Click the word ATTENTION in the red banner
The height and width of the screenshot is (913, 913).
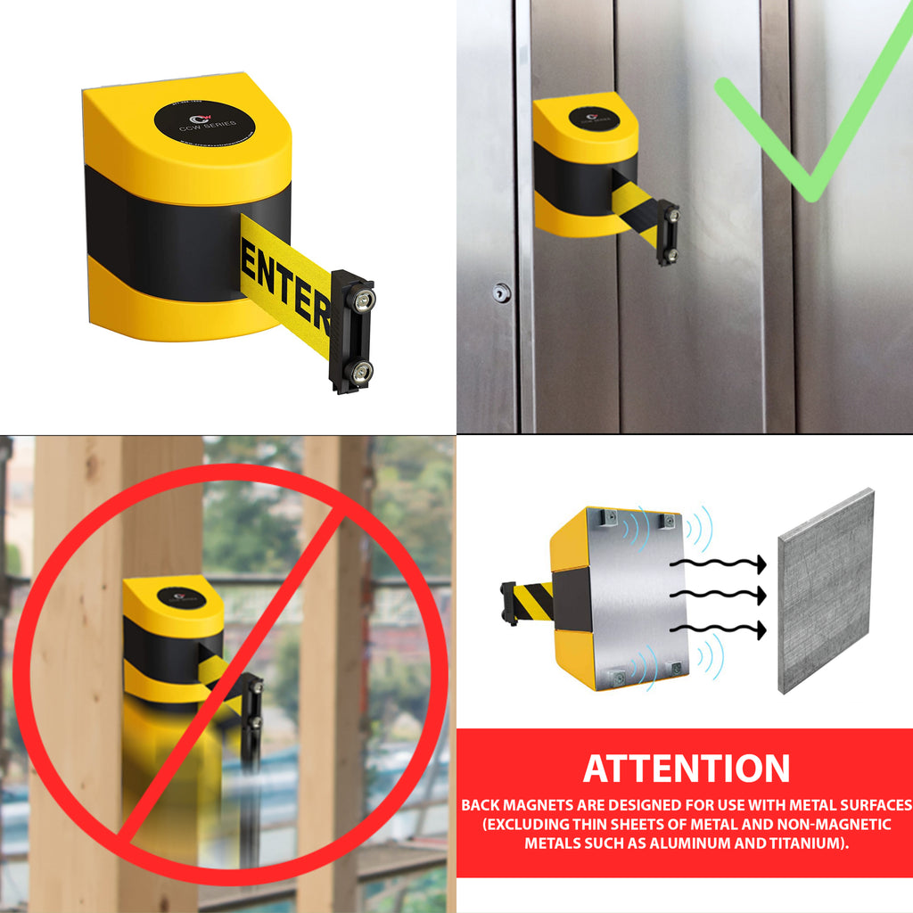tap(686, 769)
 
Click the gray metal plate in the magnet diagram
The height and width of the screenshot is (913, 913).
tap(826, 592)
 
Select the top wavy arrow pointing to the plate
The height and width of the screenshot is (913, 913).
tap(718, 563)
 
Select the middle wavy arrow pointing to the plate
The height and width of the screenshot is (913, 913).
tap(718, 595)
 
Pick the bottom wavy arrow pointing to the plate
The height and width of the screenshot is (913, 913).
tap(718, 629)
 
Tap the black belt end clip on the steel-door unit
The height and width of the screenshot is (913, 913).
tap(667, 232)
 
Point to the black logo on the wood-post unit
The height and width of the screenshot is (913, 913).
tap(174, 596)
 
